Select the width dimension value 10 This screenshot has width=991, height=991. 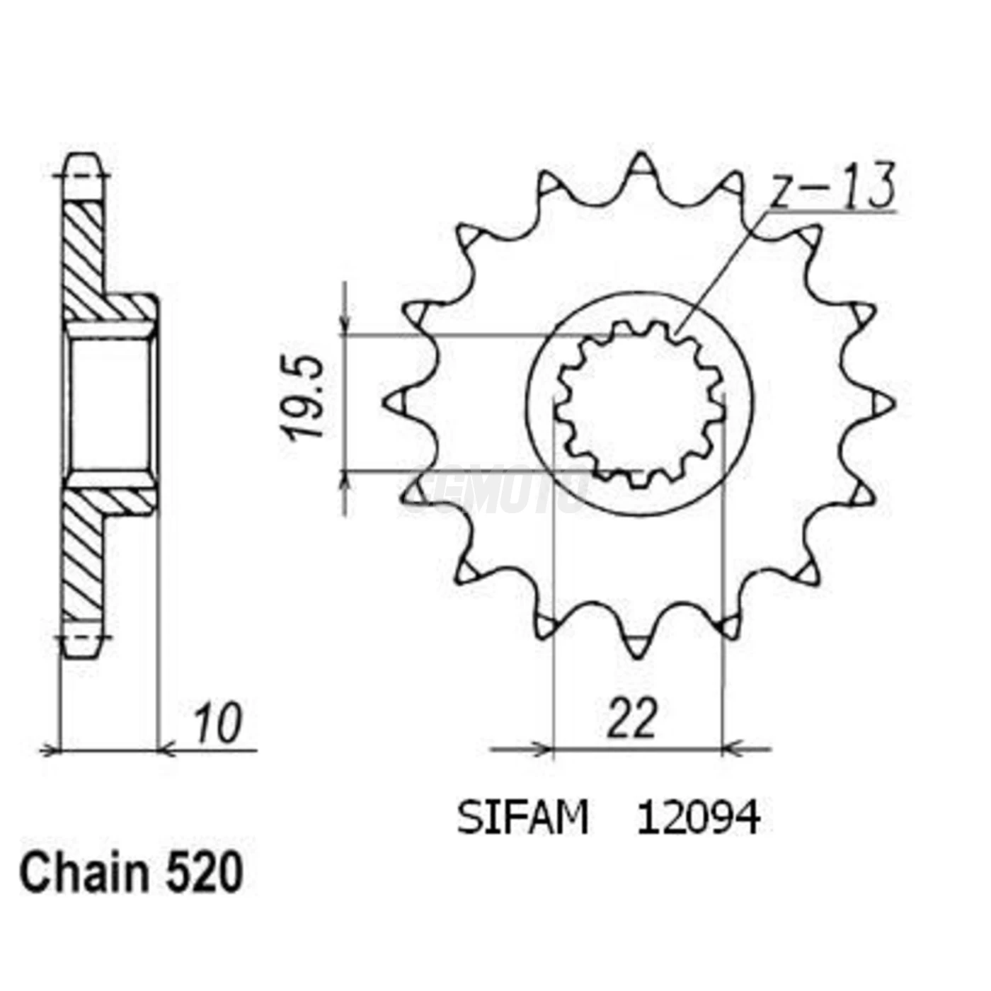(217, 723)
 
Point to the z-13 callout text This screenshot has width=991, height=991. (832, 188)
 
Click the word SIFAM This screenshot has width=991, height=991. (522, 818)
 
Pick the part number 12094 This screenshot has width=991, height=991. (698, 818)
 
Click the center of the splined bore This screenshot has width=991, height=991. (639, 403)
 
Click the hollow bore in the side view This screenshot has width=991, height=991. (110, 403)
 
